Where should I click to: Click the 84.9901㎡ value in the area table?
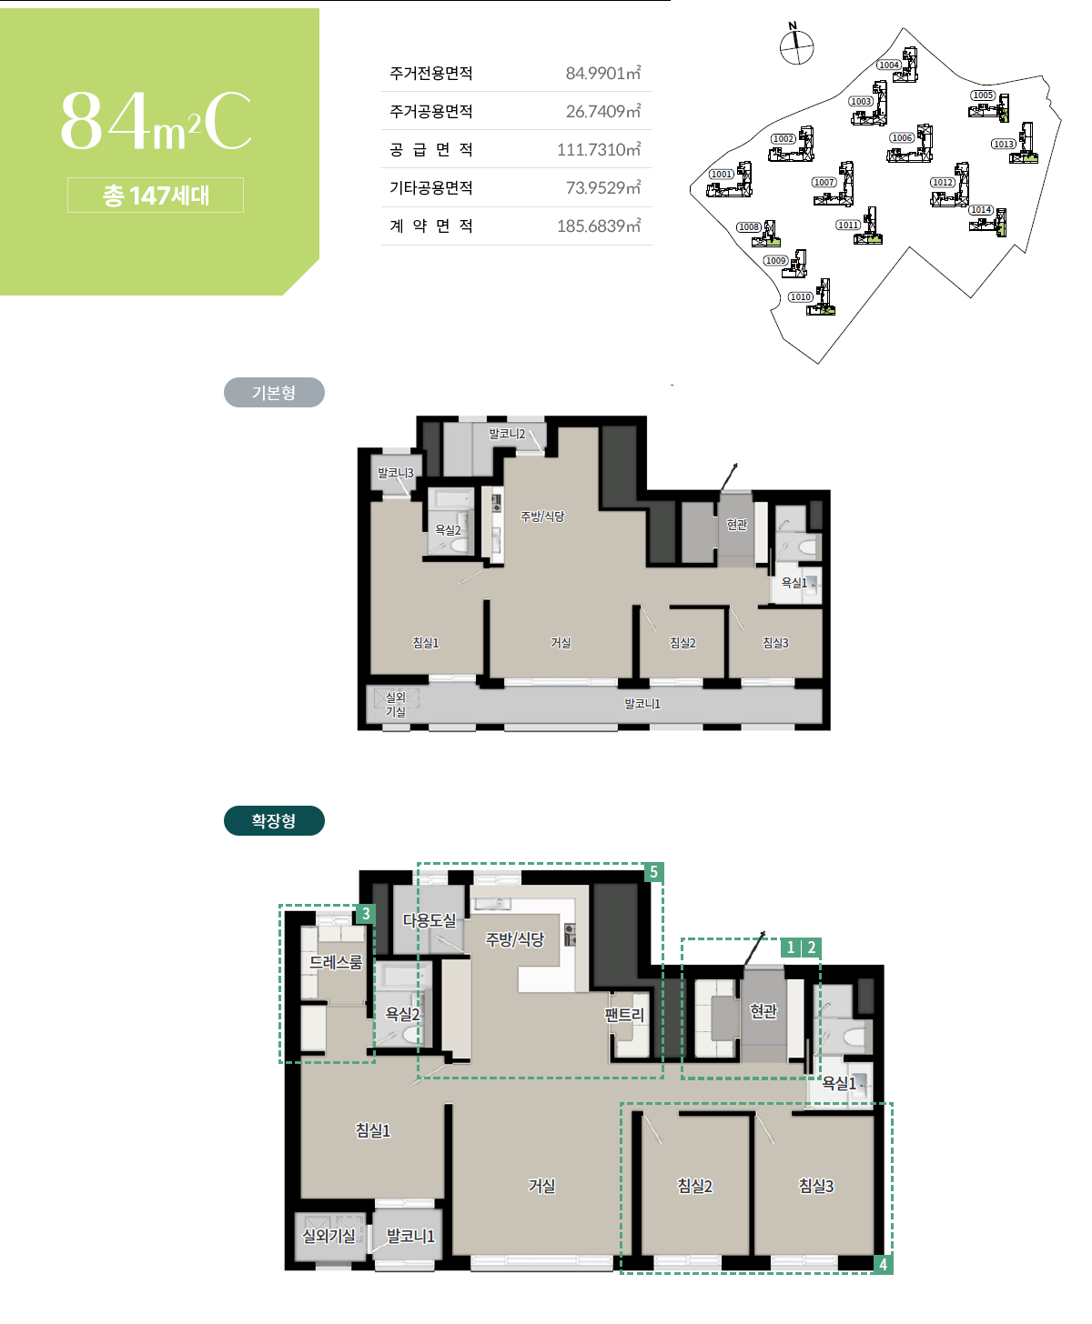tap(602, 73)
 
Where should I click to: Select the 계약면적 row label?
tap(430, 226)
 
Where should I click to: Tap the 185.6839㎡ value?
tap(599, 226)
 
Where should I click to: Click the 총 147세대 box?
tap(156, 195)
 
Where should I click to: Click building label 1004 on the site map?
tap(888, 65)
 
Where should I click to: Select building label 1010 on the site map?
tap(800, 296)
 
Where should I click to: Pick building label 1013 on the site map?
tap(1003, 144)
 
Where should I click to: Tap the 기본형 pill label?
tap(274, 393)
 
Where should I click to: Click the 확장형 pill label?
tap(274, 820)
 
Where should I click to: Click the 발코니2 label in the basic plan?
tap(507, 434)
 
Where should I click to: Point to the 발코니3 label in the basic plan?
tap(395, 473)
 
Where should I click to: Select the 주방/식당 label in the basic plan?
tap(542, 517)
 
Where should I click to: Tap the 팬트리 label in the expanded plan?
tap(624, 1015)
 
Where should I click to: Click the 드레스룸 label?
tap(336, 962)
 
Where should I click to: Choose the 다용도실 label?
tap(430, 919)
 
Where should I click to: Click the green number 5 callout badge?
tap(654, 872)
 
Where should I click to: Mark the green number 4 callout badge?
tap(883, 1264)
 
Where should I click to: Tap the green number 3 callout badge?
tap(366, 914)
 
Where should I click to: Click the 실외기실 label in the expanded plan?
tap(329, 1236)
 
